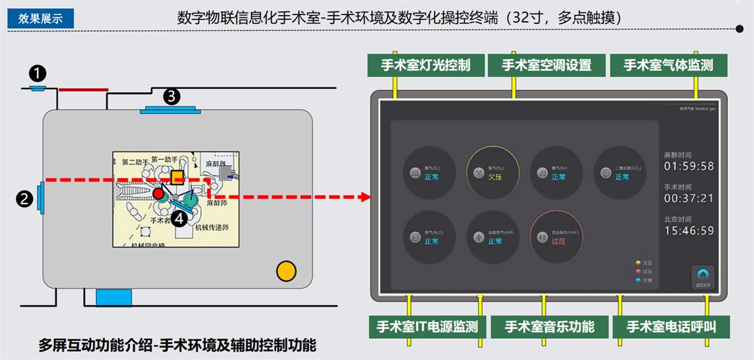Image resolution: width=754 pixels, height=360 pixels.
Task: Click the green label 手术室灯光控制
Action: point(426,66)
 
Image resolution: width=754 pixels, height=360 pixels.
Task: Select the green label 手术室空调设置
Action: point(546,66)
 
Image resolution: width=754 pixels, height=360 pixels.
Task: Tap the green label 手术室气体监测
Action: point(668,66)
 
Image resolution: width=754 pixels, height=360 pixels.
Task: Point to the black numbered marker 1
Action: point(38,72)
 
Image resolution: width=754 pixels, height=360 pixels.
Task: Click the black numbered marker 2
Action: point(25,199)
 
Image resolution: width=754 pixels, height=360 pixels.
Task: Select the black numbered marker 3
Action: point(171,96)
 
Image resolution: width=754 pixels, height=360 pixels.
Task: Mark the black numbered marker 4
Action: point(179,218)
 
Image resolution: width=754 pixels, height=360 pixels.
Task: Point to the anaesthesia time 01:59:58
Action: point(689,166)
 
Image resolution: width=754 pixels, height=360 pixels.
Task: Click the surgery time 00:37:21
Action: point(689,198)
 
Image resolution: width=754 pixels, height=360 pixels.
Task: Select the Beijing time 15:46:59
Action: point(689,230)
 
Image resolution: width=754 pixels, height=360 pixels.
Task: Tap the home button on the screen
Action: point(702,278)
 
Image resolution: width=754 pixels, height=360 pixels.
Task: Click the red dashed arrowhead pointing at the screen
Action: point(364,197)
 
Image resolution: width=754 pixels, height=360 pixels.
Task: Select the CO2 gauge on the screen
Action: point(620,172)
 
